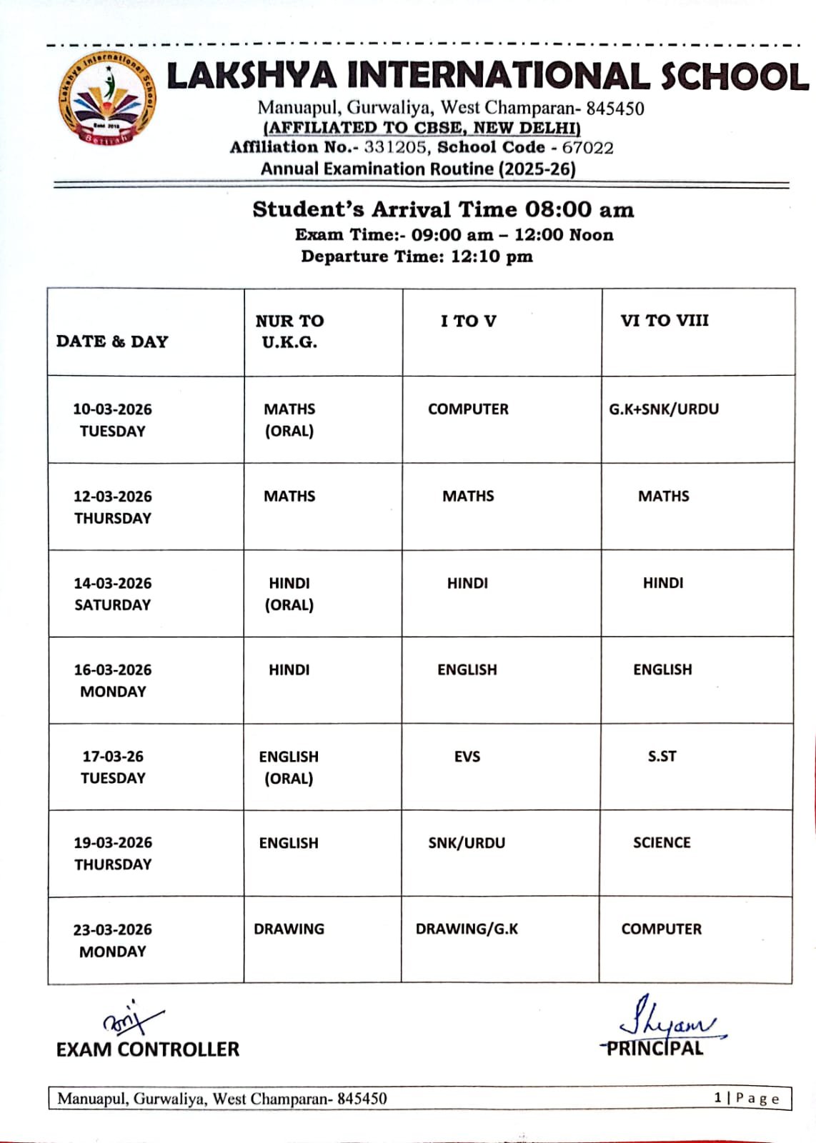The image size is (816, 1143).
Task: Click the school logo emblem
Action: (x=107, y=98)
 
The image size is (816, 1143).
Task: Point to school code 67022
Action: (x=587, y=148)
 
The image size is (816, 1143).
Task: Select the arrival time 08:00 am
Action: (x=579, y=209)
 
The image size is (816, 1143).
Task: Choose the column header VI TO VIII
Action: (x=665, y=321)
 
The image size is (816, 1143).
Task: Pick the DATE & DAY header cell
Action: (x=112, y=341)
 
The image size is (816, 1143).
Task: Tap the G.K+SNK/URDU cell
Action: (x=664, y=409)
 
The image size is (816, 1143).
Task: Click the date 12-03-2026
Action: (x=113, y=496)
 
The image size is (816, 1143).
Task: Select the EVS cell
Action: (x=467, y=757)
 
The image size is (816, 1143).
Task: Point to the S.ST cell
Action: (x=662, y=757)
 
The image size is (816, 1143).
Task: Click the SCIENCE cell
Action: (x=662, y=843)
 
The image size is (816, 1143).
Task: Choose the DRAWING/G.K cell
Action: (x=467, y=929)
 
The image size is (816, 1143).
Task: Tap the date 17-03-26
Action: (x=113, y=757)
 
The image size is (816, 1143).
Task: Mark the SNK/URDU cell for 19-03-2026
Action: (x=467, y=843)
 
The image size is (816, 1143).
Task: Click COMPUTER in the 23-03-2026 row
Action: (x=661, y=929)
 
